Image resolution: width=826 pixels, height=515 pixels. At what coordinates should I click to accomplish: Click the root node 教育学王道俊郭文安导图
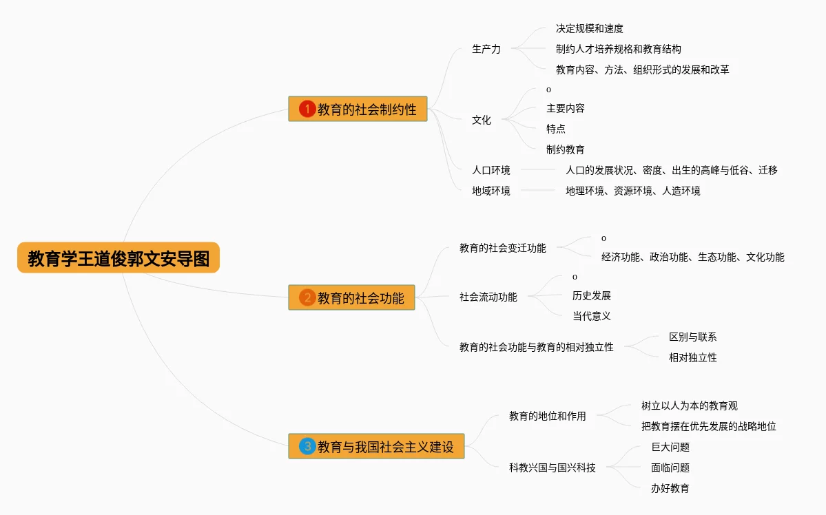(x=118, y=258)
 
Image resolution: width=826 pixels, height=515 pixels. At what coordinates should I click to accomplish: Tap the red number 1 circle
(x=307, y=109)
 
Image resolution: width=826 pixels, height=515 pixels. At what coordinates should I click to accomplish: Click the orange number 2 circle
(x=307, y=297)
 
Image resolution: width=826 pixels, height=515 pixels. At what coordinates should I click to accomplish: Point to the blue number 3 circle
(x=307, y=446)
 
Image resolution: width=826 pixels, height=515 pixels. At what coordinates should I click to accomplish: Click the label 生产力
(x=486, y=49)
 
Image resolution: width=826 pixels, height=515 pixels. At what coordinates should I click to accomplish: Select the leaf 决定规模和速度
(x=589, y=29)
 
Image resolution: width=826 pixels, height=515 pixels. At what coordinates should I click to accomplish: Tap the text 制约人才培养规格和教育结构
(x=618, y=49)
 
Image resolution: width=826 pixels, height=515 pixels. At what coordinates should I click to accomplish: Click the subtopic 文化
(x=482, y=120)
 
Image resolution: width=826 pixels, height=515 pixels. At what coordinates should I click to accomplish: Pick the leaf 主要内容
(x=565, y=109)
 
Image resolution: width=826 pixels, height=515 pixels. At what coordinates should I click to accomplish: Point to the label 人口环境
(x=491, y=170)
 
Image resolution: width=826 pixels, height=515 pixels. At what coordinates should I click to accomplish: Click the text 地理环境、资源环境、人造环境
(x=632, y=191)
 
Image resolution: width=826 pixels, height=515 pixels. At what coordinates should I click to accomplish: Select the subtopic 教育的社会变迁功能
(x=502, y=248)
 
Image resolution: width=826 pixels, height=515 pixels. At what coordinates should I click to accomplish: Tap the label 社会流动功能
(x=488, y=297)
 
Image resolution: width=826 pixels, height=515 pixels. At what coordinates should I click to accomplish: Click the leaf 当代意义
(x=591, y=316)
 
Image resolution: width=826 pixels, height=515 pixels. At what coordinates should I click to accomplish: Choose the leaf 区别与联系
(x=692, y=337)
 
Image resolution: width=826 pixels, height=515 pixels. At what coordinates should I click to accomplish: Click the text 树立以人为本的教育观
(x=689, y=406)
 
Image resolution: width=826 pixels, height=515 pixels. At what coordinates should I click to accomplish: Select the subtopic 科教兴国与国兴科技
(x=552, y=467)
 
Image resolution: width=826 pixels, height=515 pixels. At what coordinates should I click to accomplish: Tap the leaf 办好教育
(x=670, y=488)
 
